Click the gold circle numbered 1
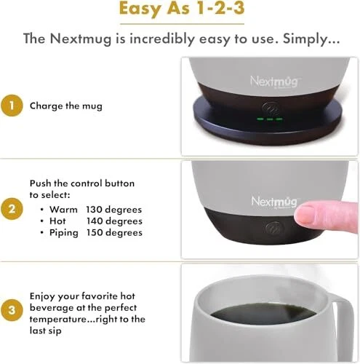click(x=12, y=106)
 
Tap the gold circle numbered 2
click(x=12, y=209)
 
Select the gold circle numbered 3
click(x=12, y=310)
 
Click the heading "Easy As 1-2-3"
click(x=182, y=9)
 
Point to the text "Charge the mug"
click(x=66, y=106)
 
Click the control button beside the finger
click(x=273, y=228)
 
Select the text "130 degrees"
click(x=114, y=210)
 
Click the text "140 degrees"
click(x=114, y=221)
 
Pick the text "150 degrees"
click(x=114, y=232)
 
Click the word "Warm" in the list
click(x=63, y=210)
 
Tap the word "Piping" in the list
click(x=64, y=233)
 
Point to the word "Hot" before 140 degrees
click(x=57, y=221)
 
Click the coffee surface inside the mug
click(x=263, y=314)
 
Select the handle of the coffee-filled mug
click(x=344, y=325)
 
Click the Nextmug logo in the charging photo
click(x=274, y=82)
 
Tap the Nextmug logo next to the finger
click(x=275, y=202)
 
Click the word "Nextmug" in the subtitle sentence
click(x=81, y=39)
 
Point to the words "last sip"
click(x=46, y=331)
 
